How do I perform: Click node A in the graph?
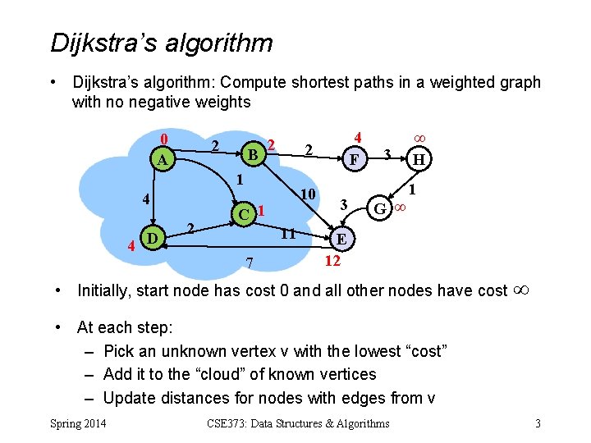click(x=163, y=161)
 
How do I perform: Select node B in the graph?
click(x=254, y=154)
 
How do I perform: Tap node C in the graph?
click(x=243, y=214)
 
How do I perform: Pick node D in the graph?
click(x=151, y=239)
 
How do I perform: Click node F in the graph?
click(x=355, y=159)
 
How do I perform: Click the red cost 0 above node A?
click(x=164, y=138)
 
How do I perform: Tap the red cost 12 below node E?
click(x=332, y=261)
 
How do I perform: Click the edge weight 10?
click(x=308, y=195)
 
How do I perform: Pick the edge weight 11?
click(x=288, y=234)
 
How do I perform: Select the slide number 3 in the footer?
click(x=538, y=423)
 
